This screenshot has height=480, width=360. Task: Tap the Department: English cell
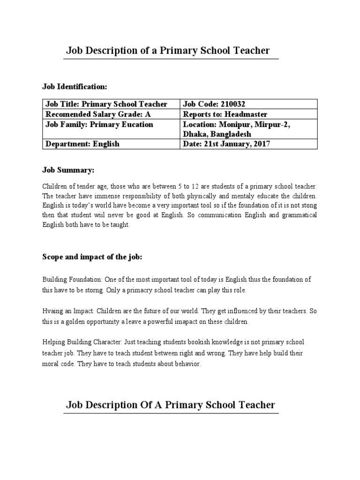(82, 144)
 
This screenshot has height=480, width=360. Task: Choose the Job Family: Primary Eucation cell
(99, 124)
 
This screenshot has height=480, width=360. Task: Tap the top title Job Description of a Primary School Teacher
(168, 51)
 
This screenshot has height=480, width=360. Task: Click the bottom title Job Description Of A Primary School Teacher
(170, 405)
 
